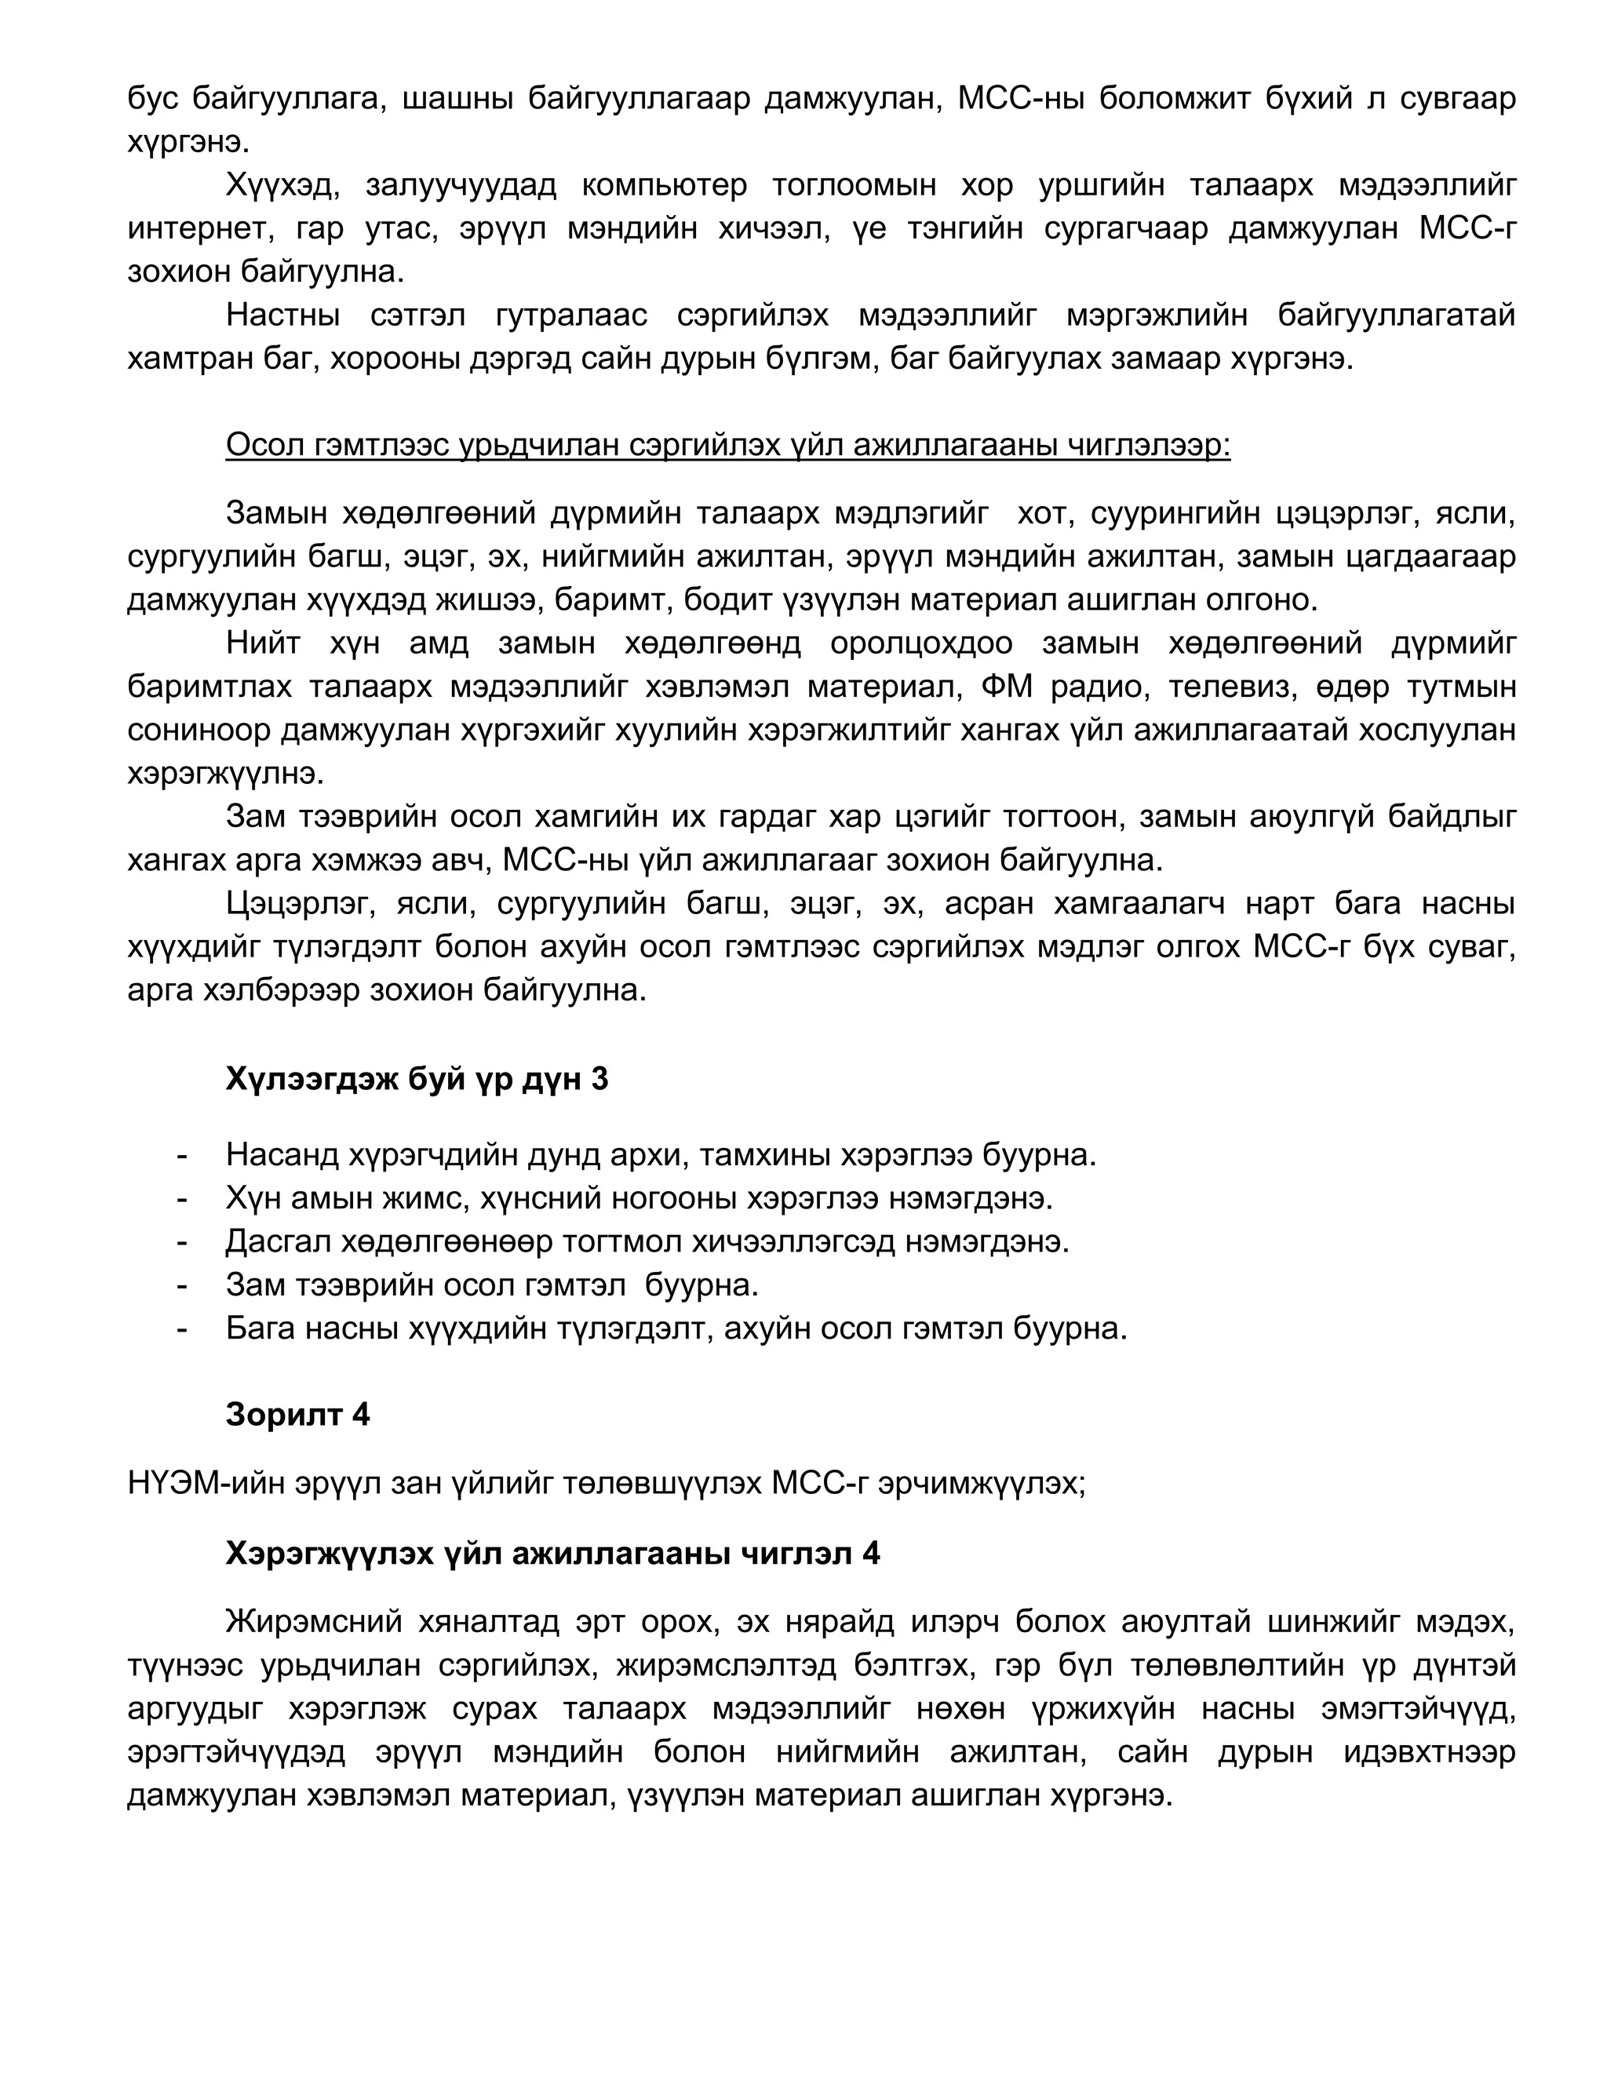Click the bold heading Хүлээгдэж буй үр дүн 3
pos(417,1079)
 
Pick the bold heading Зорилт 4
pos(297,1414)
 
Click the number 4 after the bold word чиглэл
pos(870,1553)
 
